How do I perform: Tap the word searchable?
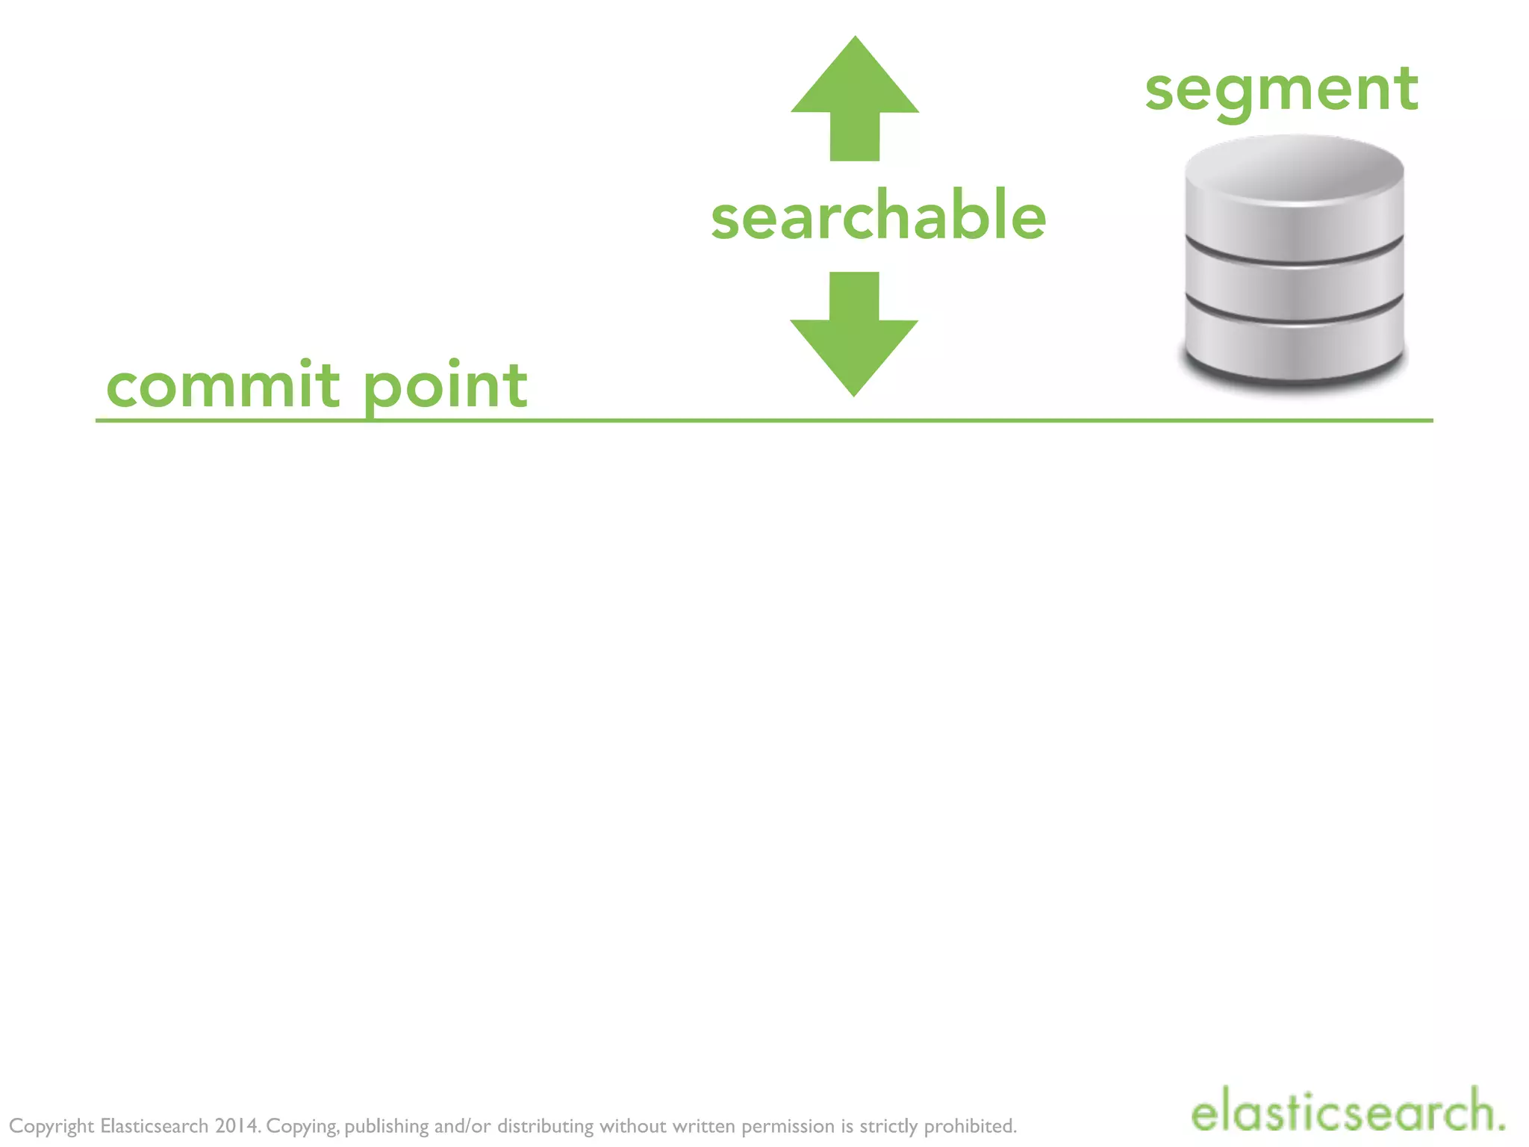point(878,217)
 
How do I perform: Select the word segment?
point(1281,91)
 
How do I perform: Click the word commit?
point(223,385)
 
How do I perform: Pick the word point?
point(446,387)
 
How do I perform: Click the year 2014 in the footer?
point(237,1125)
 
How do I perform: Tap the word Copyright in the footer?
point(52,1126)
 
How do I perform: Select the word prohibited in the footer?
point(971,1125)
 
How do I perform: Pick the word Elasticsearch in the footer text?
point(154,1125)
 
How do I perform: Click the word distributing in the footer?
point(546,1126)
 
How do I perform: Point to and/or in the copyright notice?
point(462,1125)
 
